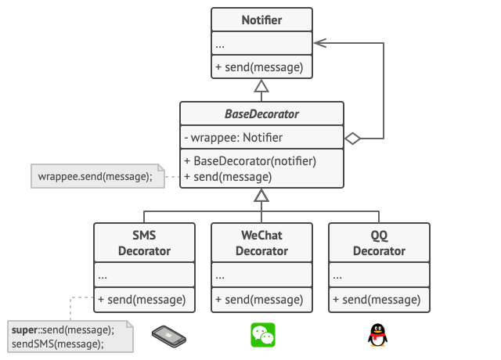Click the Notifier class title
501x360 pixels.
click(261, 20)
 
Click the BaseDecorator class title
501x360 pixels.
click(261, 114)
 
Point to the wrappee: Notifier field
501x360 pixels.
click(233, 139)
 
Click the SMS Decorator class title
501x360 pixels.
click(144, 243)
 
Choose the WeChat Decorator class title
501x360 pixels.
click(261, 243)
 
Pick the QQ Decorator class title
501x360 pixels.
click(379, 243)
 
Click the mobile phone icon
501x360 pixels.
click(169, 336)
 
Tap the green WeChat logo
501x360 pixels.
click(262, 336)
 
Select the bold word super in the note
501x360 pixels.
click(26, 329)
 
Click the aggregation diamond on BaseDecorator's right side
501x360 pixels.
click(351, 139)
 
